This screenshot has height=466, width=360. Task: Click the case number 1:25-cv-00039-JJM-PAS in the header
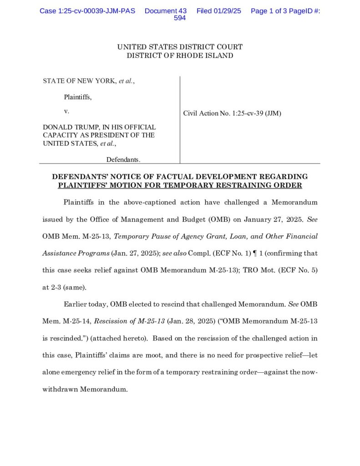pos(87,10)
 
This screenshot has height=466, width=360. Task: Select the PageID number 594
pos(180,18)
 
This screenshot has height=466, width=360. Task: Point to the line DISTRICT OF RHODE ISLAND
pos(180,56)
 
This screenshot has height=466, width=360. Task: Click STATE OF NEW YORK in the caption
pos(80,81)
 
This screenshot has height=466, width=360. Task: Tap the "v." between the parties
pos(66,111)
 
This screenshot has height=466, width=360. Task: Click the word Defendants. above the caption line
pos(123,159)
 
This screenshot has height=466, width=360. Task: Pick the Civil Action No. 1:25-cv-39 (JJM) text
pos(232,113)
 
